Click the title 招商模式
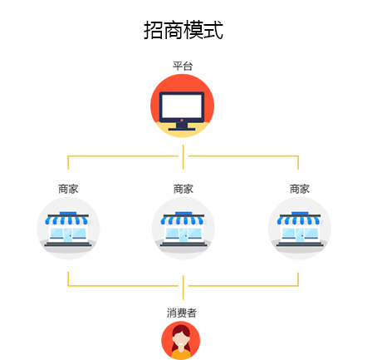[183, 30]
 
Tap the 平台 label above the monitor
[183, 67]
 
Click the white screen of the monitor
[182, 106]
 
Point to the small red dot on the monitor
[182, 121]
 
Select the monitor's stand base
[182, 129]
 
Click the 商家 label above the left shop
[68, 189]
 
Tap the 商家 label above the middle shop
[183, 189]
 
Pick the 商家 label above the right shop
[300, 189]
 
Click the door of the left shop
[68, 234]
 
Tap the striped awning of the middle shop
[183, 220]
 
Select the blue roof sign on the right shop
[300, 213]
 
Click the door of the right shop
[300, 234]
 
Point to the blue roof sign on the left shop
[68, 213]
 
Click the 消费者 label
[182, 313]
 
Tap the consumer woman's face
[180, 341]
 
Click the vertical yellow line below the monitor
[183, 157]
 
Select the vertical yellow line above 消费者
[183, 288]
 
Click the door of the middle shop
[183, 234]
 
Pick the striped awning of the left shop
[67, 220]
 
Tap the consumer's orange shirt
[181, 354]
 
